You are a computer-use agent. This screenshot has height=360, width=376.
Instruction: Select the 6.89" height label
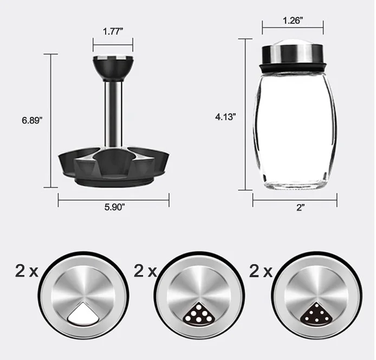(x=31, y=121)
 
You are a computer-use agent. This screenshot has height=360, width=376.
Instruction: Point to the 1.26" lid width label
(x=293, y=22)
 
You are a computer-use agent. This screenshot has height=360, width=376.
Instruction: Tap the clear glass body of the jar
(x=294, y=130)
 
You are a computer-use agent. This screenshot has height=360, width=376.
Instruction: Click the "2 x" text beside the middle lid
(x=145, y=271)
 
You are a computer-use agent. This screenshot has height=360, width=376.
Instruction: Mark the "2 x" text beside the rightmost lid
(x=261, y=271)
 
